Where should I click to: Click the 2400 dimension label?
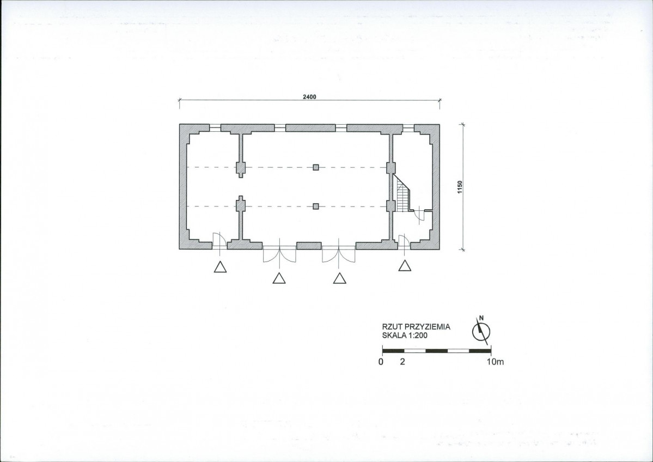(x=309, y=97)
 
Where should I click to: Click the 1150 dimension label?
(x=460, y=187)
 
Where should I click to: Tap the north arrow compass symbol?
(x=481, y=331)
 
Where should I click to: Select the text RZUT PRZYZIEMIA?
(x=416, y=327)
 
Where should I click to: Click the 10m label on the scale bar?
(x=495, y=362)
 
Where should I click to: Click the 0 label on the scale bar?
(x=381, y=362)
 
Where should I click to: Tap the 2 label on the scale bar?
(x=402, y=362)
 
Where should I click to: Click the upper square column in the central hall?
(x=316, y=167)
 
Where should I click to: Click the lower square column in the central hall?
(x=316, y=206)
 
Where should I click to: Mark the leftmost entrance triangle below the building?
(x=221, y=266)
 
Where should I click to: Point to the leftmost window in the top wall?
(x=215, y=128)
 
